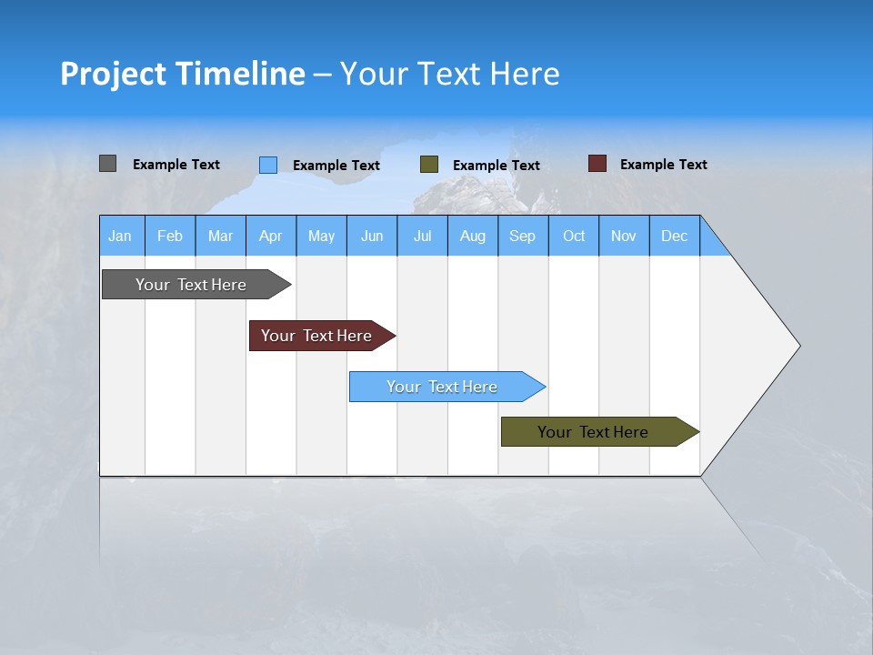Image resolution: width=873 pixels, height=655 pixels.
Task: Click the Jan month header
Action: click(x=121, y=236)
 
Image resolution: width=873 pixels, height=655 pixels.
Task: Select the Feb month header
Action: click(x=170, y=236)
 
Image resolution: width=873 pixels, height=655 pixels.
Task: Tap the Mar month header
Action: click(x=220, y=236)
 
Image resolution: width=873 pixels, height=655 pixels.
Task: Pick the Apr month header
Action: click(x=271, y=236)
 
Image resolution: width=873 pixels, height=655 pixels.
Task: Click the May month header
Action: click(x=321, y=236)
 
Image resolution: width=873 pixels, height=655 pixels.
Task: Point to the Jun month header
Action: click(x=372, y=236)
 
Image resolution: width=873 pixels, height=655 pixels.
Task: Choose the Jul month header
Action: click(x=422, y=236)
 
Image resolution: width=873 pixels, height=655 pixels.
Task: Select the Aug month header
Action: click(x=473, y=236)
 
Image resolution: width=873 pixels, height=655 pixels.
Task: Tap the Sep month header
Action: click(x=523, y=236)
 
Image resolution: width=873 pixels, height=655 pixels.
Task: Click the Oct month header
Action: click(x=574, y=236)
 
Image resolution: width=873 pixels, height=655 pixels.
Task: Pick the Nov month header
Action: click(x=624, y=236)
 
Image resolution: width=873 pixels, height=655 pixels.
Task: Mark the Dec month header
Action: click(x=675, y=236)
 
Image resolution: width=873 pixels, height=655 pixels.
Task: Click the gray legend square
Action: click(x=108, y=164)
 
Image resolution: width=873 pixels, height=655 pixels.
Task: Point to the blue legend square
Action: click(x=268, y=165)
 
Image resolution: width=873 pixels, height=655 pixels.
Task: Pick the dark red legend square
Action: click(x=597, y=164)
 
